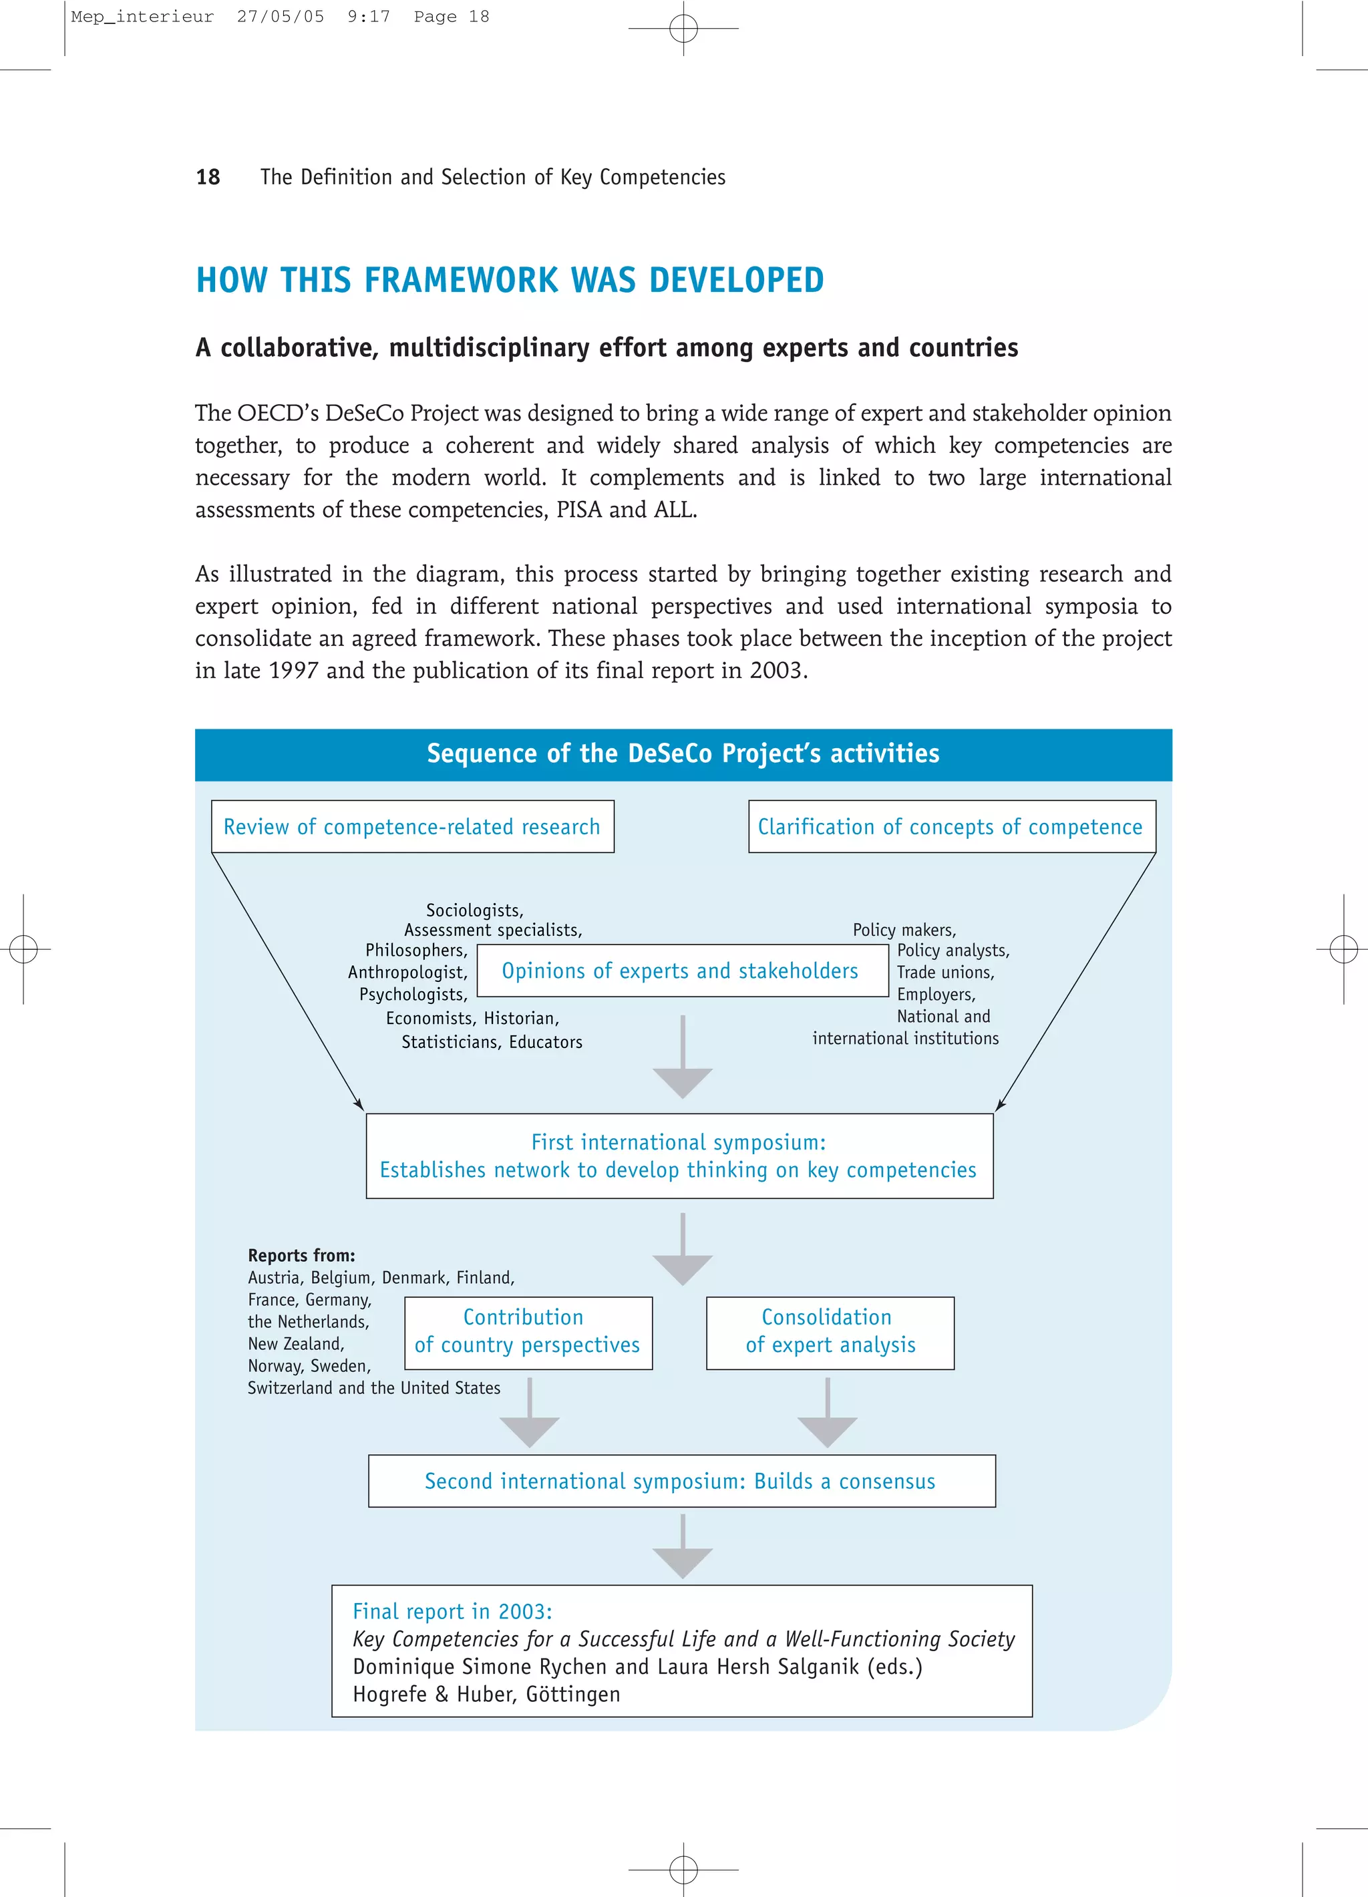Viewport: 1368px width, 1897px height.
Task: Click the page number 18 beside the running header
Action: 207,177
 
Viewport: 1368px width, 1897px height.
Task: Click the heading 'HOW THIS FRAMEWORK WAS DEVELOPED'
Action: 509,280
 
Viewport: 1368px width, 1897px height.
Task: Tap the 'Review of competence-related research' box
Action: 412,826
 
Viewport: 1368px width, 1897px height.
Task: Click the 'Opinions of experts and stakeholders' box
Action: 681,971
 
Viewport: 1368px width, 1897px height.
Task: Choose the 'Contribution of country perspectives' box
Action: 528,1332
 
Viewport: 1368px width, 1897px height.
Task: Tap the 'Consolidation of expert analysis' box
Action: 830,1332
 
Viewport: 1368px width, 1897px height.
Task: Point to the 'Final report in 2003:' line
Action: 452,1611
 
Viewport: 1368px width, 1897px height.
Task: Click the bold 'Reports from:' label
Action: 301,1254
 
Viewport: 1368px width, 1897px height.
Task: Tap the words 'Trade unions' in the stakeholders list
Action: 944,972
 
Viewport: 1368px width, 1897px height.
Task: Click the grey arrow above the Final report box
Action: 682,1549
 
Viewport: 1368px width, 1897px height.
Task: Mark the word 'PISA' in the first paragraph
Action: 580,510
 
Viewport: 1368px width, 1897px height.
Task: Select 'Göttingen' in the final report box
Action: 573,1694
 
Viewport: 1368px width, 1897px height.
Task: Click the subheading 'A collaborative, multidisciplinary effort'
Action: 607,348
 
